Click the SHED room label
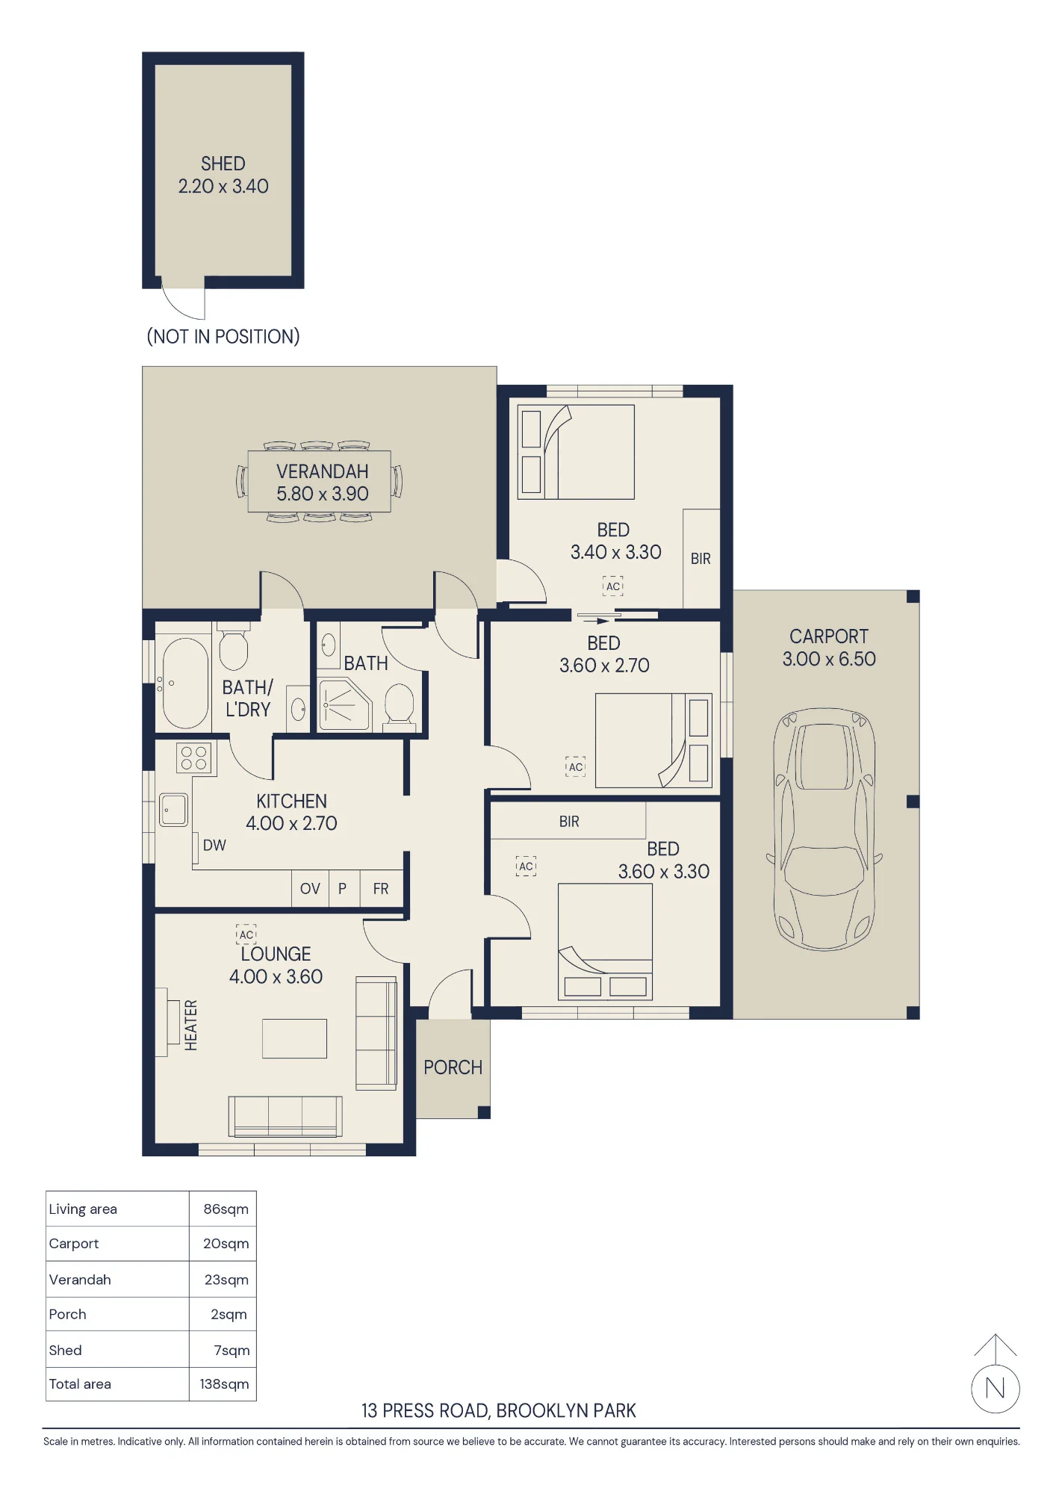click(x=223, y=164)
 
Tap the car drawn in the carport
click(x=824, y=829)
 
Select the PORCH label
click(x=453, y=1067)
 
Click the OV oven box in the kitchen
click(x=310, y=889)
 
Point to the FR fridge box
click(x=381, y=889)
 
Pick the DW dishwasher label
click(x=214, y=845)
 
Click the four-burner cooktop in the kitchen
click(x=193, y=758)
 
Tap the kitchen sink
click(x=173, y=810)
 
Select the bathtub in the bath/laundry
click(x=185, y=683)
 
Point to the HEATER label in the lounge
click(x=191, y=1025)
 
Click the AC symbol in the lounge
click(x=246, y=934)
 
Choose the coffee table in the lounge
click(x=294, y=1038)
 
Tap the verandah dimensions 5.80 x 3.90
click(x=323, y=494)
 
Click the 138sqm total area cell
click(x=224, y=1384)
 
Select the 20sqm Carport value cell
click(x=226, y=1244)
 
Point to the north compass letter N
click(x=995, y=1388)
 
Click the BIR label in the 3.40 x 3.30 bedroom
click(x=701, y=559)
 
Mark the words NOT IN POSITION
click(x=223, y=337)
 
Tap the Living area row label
click(x=83, y=1209)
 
